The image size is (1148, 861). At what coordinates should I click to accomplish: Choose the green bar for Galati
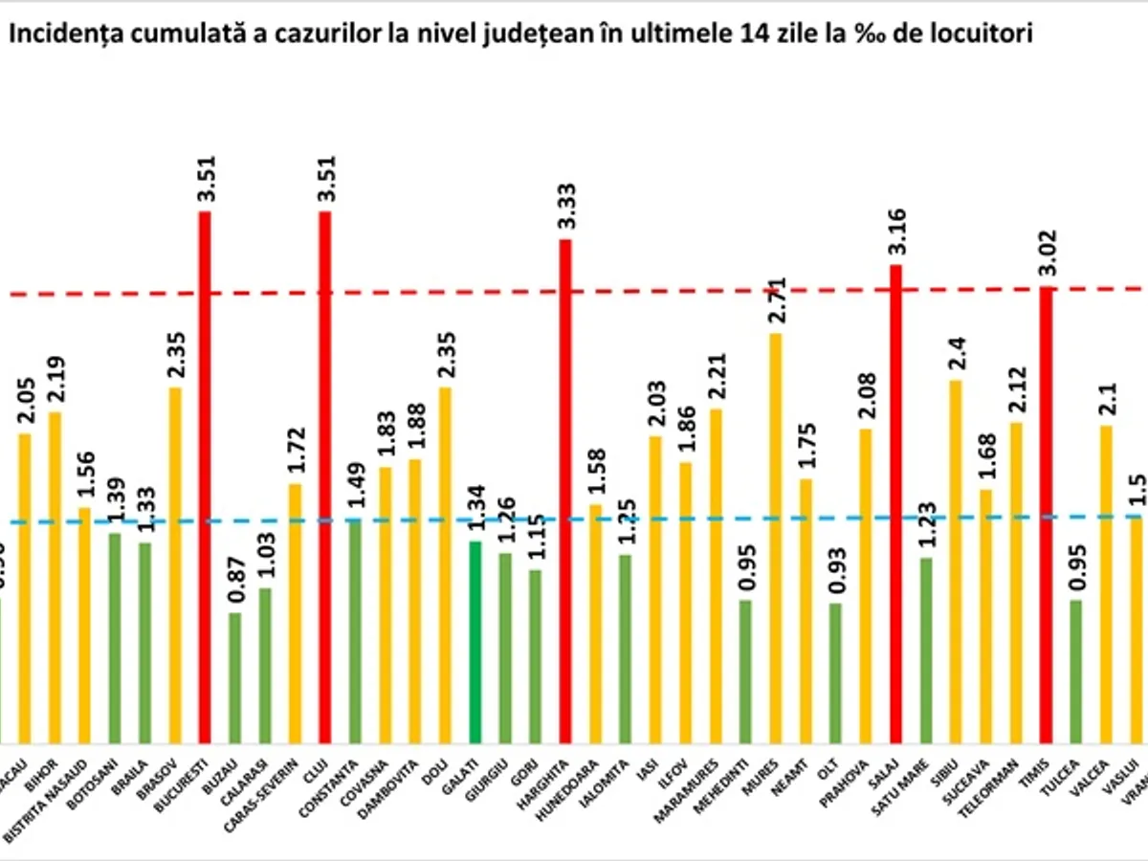click(475, 642)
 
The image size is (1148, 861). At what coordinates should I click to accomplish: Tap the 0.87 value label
click(234, 582)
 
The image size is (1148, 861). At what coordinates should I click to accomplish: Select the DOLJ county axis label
click(443, 771)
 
